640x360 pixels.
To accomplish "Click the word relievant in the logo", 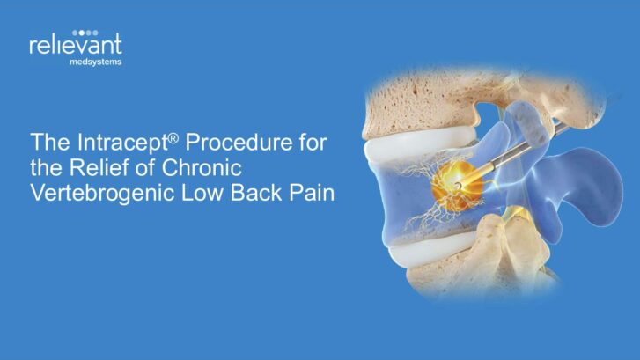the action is pyautogui.click(x=76, y=45).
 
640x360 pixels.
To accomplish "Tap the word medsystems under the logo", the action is pyautogui.click(x=95, y=62).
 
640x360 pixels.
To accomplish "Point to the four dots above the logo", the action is pyautogui.click(x=85, y=33).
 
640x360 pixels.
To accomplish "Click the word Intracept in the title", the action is pyautogui.click(x=122, y=143).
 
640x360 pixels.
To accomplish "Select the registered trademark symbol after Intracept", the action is pyautogui.click(x=173, y=139).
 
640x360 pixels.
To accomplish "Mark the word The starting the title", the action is pyautogui.click(x=50, y=142).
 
